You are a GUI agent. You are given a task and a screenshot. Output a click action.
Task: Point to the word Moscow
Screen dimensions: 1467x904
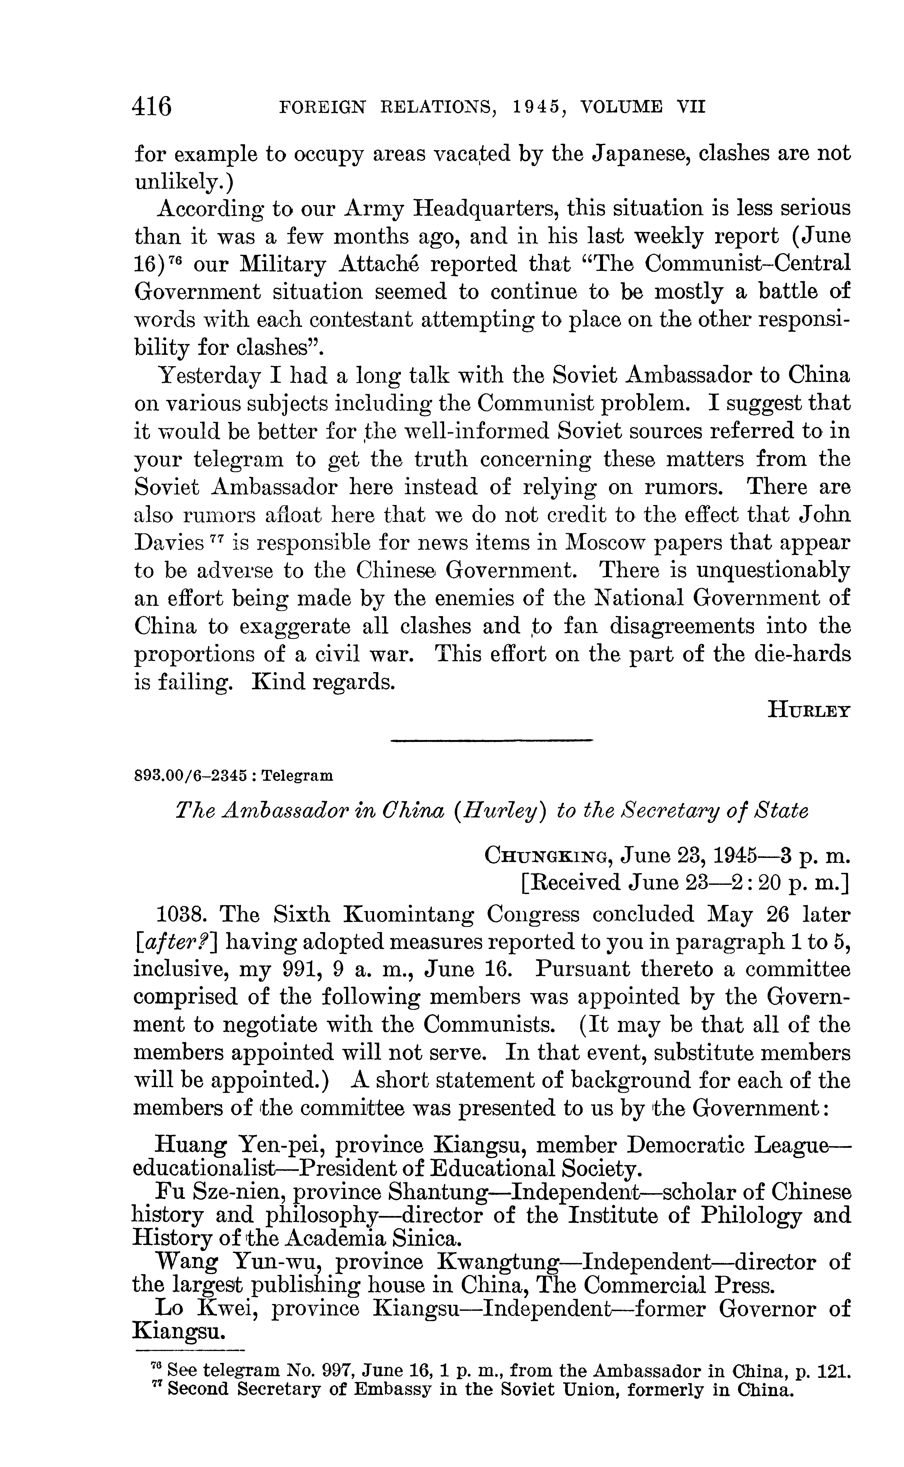[x=604, y=543]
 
